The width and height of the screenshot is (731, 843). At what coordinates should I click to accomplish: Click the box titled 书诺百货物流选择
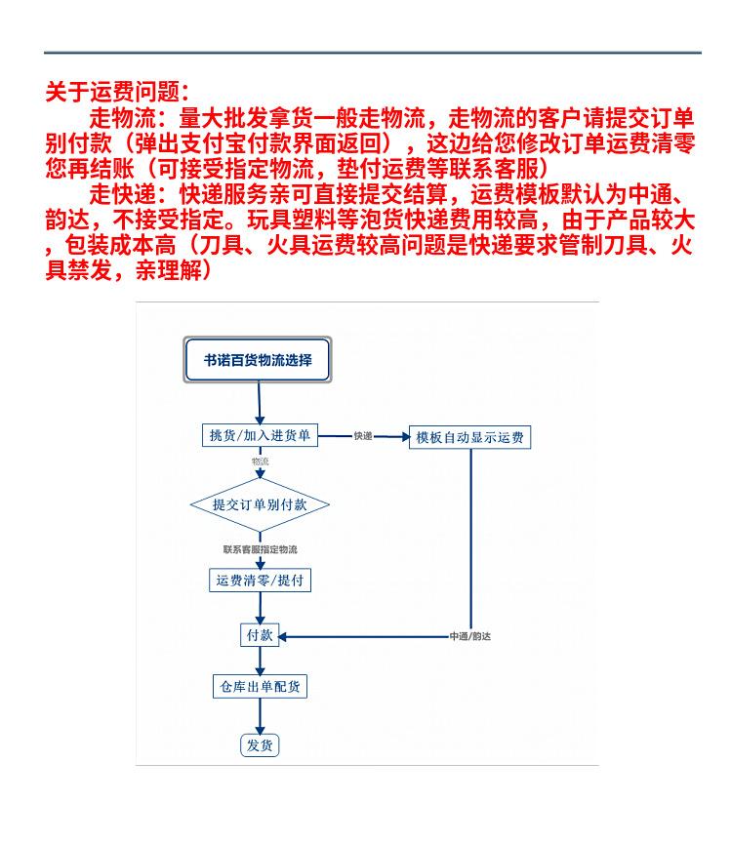pyautogui.click(x=259, y=360)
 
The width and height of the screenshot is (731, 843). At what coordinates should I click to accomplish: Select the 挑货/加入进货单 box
pyautogui.click(x=260, y=436)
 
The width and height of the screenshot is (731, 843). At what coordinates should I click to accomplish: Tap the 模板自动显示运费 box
pyautogui.click(x=470, y=437)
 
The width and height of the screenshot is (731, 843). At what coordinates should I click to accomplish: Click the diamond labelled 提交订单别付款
pyautogui.click(x=259, y=504)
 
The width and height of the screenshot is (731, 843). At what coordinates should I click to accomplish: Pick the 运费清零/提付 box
pyautogui.click(x=260, y=580)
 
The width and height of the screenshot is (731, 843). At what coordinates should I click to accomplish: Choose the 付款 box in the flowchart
pyautogui.click(x=260, y=635)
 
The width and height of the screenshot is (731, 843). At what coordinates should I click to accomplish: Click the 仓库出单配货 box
pyautogui.click(x=260, y=686)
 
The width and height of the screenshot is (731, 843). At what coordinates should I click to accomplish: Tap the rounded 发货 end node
pyautogui.click(x=260, y=745)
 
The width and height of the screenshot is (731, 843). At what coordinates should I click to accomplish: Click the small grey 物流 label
pyautogui.click(x=260, y=461)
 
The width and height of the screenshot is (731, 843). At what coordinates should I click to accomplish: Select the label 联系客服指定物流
pyautogui.click(x=260, y=550)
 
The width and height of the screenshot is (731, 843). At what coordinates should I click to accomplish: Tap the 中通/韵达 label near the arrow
pyautogui.click(x=469, y=636)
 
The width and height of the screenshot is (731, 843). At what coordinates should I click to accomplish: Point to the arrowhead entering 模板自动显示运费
pyautogui.click(x=405, y=437)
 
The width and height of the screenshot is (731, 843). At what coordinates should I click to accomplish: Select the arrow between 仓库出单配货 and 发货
pyautogui.click(x=260, y=715)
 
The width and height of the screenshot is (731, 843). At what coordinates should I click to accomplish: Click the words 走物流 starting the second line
pyautogui.click(x=117, y=120)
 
